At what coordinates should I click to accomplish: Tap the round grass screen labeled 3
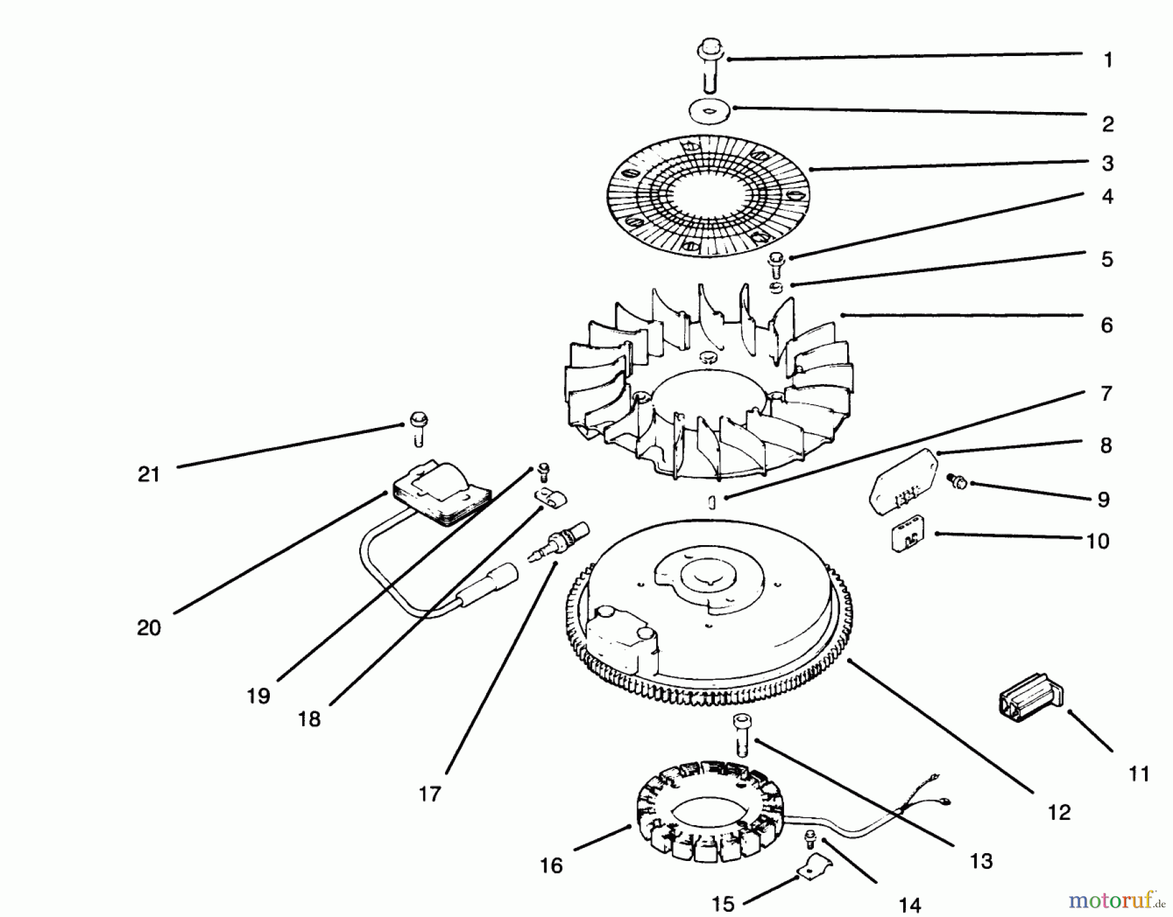point(708,195)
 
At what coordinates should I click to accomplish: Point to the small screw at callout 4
point(775,263)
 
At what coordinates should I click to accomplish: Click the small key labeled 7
point(712,502)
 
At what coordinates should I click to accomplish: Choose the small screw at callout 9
point(958,483)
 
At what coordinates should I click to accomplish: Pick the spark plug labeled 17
point(559,541)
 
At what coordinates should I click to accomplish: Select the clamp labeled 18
point(551,499)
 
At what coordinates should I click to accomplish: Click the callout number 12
point(1059,812)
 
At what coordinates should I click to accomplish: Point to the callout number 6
point(1107,325)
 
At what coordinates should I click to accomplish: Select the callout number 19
point(258,696)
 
